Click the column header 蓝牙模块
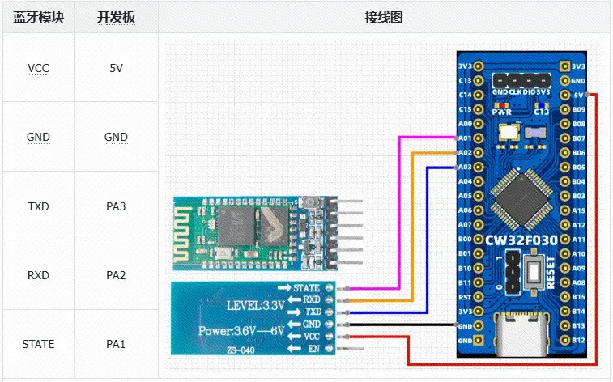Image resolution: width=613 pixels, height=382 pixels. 38,17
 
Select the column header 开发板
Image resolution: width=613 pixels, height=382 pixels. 116,17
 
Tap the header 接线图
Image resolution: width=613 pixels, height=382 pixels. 384,17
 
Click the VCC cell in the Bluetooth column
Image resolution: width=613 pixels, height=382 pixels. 38,68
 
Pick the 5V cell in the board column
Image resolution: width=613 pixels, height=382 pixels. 116,68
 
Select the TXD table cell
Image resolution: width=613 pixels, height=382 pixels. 38,206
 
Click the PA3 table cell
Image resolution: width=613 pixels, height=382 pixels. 116,206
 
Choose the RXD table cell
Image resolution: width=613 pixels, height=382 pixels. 38,275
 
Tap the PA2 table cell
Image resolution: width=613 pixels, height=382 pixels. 116,275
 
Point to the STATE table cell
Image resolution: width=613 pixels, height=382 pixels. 38,344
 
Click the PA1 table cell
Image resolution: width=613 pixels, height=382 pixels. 116,344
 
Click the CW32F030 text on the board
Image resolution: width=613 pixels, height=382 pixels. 521,240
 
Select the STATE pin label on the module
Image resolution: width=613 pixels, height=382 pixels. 305,287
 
